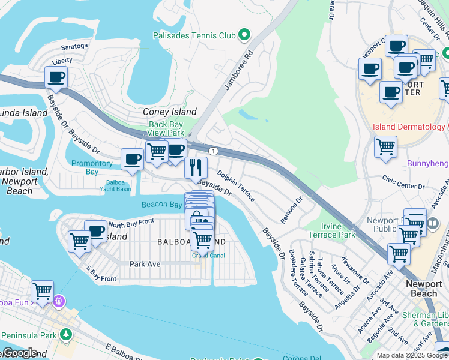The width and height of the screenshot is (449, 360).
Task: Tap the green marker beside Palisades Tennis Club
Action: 244,35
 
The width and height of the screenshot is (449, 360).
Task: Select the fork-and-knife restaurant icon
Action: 196,167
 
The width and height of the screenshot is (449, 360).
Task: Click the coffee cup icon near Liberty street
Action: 56,77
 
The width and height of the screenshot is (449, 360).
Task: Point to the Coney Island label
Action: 169,112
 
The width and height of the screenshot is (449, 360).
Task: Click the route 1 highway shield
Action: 213,150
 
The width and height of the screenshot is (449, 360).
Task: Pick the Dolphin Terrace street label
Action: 236,186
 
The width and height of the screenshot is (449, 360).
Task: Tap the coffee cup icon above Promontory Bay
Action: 132,160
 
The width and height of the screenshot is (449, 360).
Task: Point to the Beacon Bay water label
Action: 161,205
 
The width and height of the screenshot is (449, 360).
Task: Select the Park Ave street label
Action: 145,263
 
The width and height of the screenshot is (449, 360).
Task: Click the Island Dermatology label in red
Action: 408,127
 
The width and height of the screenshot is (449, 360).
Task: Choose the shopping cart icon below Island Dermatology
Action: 385,146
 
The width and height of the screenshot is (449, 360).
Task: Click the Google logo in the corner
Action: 19,353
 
